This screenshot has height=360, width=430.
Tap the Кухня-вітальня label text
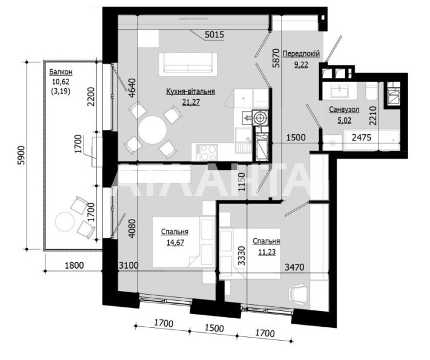[x=191, y=92]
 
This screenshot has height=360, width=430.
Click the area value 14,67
[x=174, y=243]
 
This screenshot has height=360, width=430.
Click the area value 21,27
[x=191, y=102]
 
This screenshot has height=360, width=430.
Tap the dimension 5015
[x=214, y=34]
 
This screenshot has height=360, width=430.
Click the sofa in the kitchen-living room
[x=187, y=63]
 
